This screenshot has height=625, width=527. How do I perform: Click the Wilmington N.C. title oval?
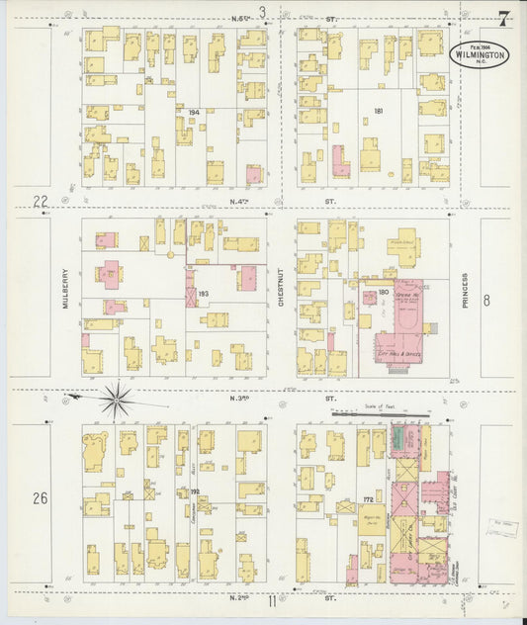tap(480, 54)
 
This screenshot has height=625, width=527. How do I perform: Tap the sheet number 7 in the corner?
tap(504, 18)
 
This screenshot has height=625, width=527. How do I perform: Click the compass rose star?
tap(116, 400)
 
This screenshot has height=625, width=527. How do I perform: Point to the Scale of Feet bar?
tap(381, 413)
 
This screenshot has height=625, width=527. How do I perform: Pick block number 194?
tap(194, 113)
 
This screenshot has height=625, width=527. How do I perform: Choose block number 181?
tap(378, 111)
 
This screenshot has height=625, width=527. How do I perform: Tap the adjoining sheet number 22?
tap(41, 202)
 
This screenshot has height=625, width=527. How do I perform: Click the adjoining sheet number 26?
tap(40, 497)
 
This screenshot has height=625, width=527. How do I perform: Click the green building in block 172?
tap(399, 438)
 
